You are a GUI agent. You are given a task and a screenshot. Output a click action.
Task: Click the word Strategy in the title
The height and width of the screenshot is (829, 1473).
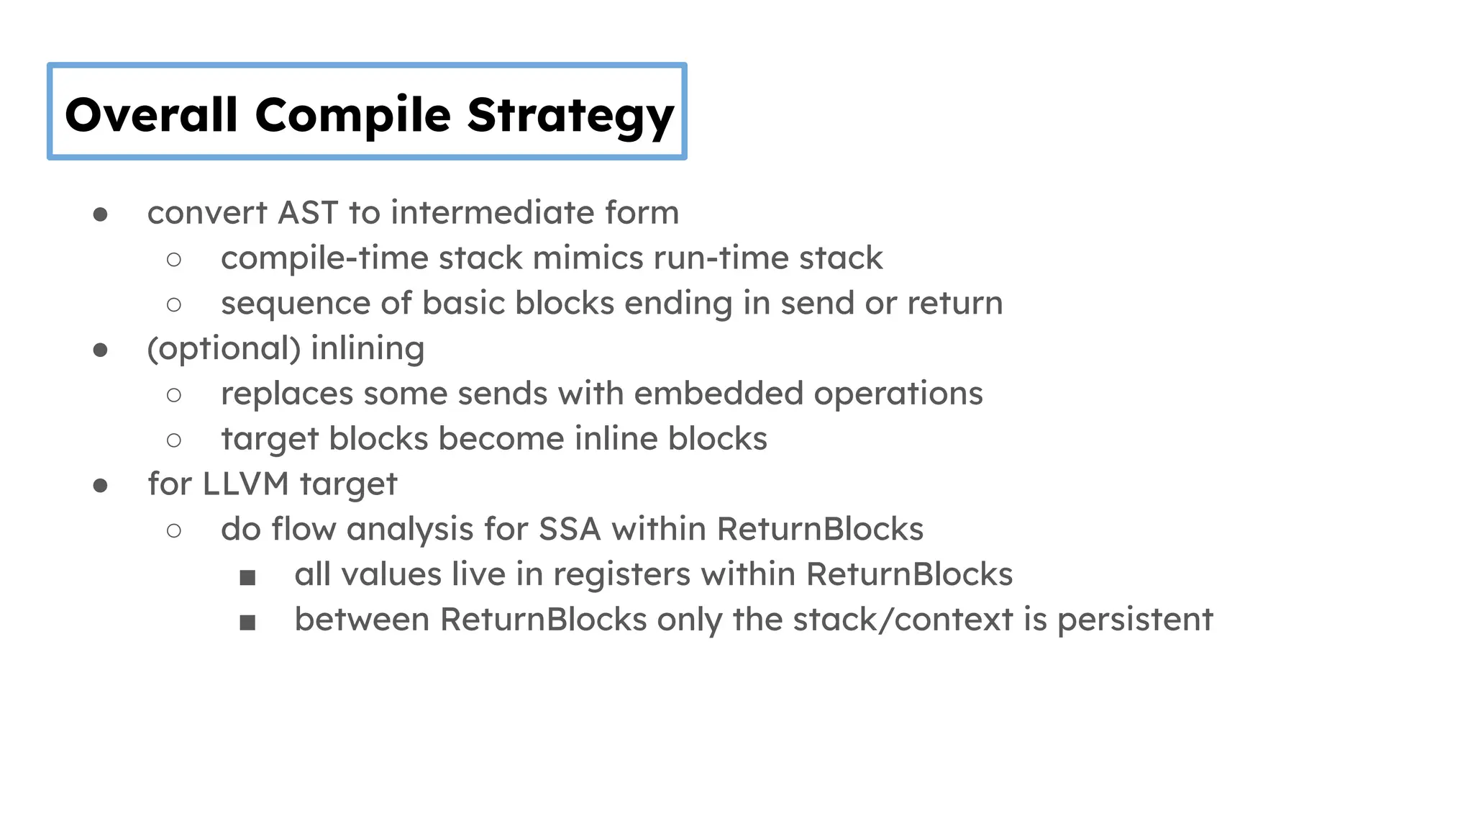tap(570, 115)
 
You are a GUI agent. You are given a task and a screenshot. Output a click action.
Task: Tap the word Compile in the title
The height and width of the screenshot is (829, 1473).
tap(352, 115)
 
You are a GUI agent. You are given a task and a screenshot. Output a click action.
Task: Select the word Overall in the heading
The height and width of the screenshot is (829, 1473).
tap(151, 115)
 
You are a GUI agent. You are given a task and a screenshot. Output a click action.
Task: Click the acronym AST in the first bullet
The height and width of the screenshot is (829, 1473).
tap(307, 213)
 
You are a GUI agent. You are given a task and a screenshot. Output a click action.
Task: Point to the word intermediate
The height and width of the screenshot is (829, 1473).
tap(493, 213)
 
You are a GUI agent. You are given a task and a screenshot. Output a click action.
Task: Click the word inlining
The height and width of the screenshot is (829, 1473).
tap(368, 348)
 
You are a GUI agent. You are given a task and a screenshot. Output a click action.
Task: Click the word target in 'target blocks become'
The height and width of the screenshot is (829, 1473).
tap(270, 440)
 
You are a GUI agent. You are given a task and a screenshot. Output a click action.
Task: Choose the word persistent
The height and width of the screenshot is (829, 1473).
tap(1134, 620)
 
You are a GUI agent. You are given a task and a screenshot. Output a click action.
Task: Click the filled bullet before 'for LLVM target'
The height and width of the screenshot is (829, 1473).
tap(101, 486)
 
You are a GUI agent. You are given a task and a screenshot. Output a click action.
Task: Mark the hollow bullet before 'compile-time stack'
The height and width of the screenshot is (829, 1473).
tap(173, 260)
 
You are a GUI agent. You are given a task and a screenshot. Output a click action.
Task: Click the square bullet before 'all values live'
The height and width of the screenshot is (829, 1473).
tap(247, 577)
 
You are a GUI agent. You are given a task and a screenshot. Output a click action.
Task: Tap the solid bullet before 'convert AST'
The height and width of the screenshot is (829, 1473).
tap(101, 214)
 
